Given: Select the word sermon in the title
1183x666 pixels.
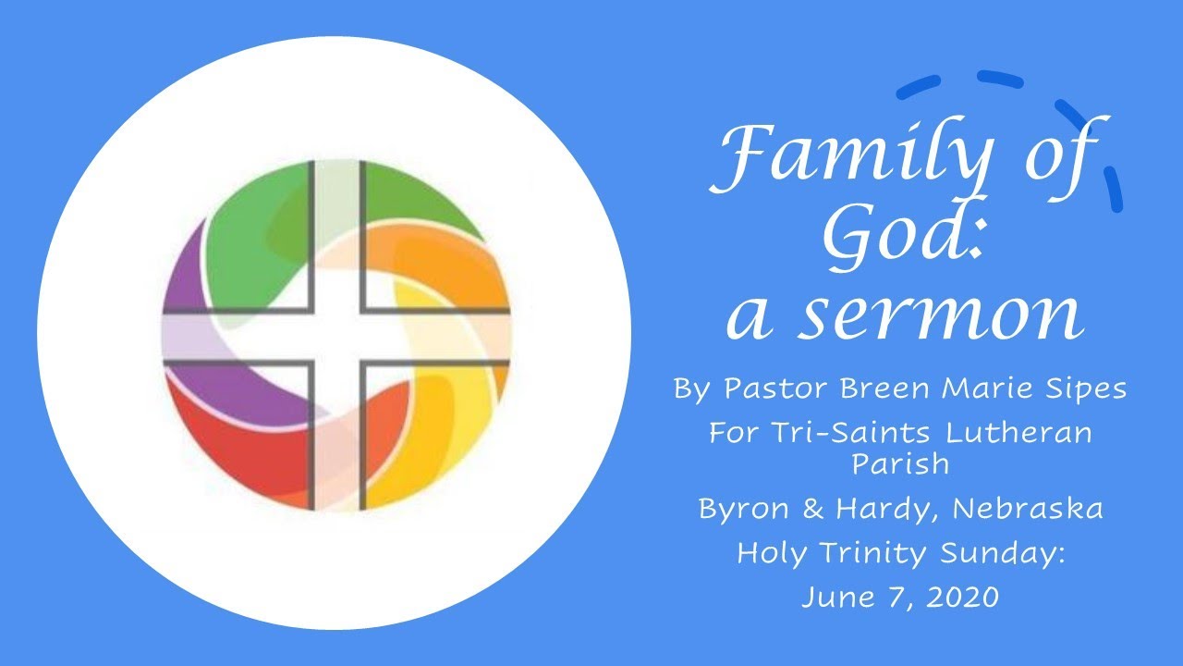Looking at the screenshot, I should point(941,314).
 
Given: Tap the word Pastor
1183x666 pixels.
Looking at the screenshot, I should point(777,388).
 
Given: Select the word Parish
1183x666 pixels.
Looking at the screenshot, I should point(900,462).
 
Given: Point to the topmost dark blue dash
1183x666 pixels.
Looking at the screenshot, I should point(999,80).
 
